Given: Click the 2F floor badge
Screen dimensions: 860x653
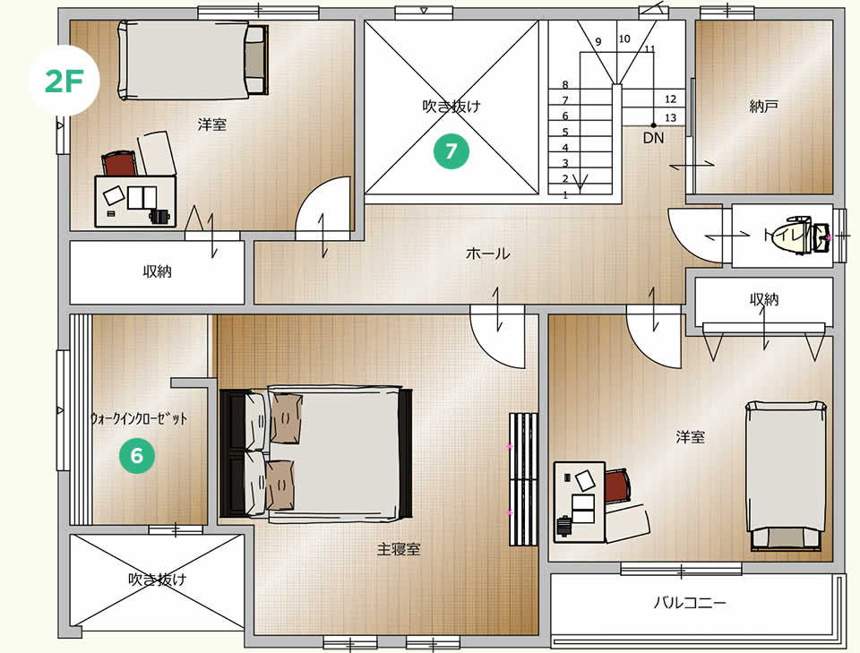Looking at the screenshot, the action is click(64, 81).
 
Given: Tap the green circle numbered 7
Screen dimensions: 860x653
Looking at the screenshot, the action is click(451, 150).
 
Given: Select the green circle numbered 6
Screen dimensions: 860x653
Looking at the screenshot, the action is click(137, 455).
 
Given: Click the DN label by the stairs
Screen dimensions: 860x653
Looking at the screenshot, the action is click(653, 138).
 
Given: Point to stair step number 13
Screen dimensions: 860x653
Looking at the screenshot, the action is click(670, 118).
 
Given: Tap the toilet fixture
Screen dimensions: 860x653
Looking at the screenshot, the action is click(805, 236).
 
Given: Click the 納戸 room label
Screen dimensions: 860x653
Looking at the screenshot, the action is click(764, 107).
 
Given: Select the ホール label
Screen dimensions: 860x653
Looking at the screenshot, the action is click(487, 253).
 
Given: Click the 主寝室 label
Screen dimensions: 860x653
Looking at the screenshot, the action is click(399, 549).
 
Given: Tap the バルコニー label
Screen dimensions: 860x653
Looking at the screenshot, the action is click(690, 603).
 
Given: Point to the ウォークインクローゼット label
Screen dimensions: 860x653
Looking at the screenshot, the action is click(139, 419).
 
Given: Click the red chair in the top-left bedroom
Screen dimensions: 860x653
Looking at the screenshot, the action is click(119, 163).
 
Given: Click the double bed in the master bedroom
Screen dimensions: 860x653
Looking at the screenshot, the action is click(316, 453).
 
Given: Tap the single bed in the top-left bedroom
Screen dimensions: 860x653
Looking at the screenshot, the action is click(193, 60).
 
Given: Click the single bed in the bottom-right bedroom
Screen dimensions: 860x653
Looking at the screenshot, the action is click(786, 476).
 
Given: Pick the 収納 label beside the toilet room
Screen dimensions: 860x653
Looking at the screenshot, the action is click(764, 299).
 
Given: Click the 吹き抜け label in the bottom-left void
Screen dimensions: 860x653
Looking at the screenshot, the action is click(158, 579).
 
